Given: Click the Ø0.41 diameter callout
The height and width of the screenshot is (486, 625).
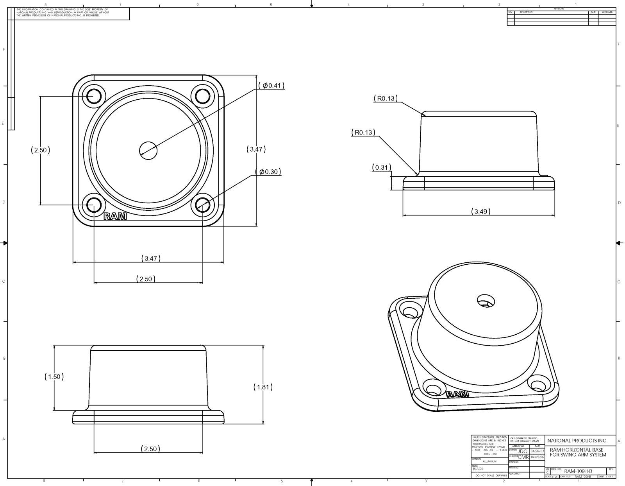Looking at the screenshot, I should (x=271, y=86).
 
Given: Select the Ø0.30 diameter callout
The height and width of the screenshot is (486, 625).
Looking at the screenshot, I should (x=268, y=172).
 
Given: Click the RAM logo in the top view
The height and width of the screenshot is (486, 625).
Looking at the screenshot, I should (x=115, y=216).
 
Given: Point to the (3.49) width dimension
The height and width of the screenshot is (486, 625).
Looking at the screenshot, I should (x=480, y=212).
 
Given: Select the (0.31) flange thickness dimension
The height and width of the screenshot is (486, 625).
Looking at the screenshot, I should (x=381, y=168).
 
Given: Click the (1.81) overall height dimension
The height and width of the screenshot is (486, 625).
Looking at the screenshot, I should (x=263, y=387).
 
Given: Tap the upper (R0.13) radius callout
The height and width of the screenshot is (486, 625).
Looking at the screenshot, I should (x=386, y=99).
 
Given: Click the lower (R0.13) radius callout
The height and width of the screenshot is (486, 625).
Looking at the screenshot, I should (x=363, y=133).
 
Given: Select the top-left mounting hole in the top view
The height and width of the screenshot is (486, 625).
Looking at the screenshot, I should (x=94, y=96).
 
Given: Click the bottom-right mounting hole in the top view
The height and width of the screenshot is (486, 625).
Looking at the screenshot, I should (x=203, y=204).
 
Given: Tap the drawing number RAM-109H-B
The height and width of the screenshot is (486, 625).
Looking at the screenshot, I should (x=578, y=471).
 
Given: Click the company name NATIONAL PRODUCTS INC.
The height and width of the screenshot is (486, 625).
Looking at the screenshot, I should (x=577, y=441).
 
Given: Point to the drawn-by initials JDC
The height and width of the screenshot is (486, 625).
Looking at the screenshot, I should (x=523, y=451).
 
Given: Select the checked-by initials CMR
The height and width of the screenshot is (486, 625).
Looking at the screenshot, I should (x=523, y=457).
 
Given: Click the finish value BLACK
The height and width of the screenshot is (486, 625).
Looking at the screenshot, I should (x=478, y=469).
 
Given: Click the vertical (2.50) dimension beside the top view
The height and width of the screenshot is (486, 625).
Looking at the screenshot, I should (x=40, y=150).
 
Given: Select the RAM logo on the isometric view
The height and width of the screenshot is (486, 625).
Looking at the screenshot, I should (x=457, y=394).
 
